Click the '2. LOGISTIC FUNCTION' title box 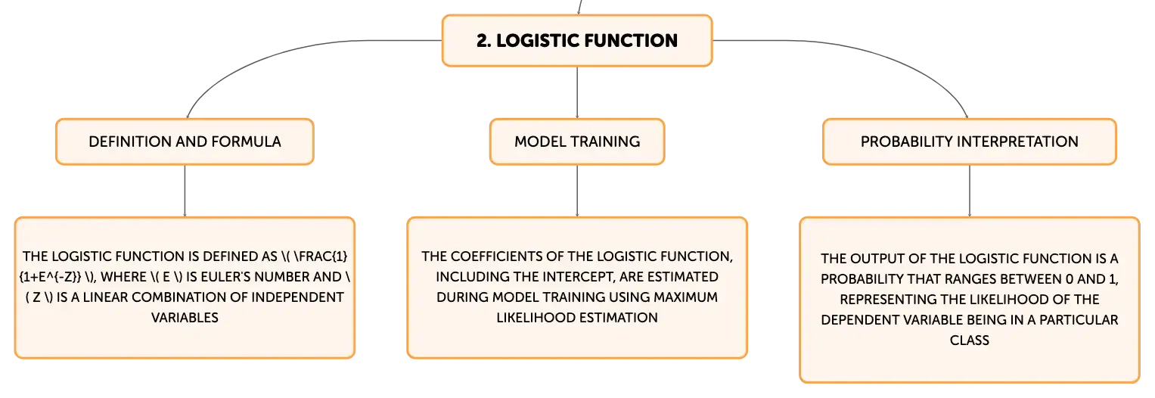point(577,41)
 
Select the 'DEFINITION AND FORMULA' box point(185,141)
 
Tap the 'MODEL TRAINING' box point(577,141)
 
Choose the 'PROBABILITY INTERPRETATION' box point(970,141)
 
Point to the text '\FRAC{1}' point(320,257)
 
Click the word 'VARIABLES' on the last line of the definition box point(185,318)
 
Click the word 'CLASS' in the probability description point(970,340)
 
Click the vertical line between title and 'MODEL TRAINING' point(577,93)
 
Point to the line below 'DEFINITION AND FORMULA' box point(185,191)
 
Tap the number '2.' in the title point(483,41)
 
